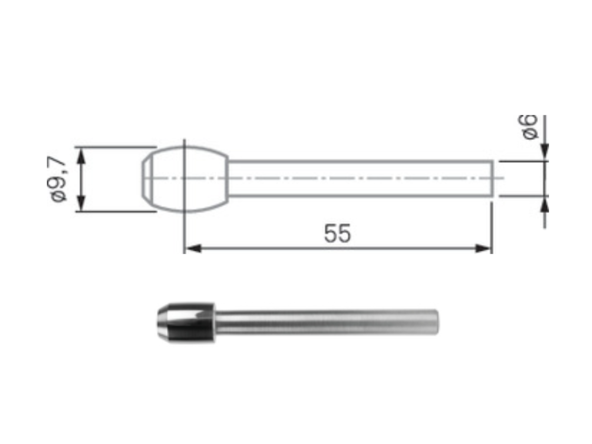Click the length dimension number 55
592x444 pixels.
pyautogui.click(x=337, y=233)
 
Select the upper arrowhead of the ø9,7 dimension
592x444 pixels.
pyautogui.click(x=81, y=157)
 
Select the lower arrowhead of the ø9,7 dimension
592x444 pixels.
pyautogui.click(x=81, y=203)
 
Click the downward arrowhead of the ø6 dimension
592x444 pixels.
pyautogui.click(x=544, y=151)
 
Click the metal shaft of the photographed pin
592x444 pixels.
pyautogui.click(x=321, y=323)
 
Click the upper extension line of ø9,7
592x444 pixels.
pyautogui.click(x=115, y=147)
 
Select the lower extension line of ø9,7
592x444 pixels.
pyautogui.click(x=115, y=211)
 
